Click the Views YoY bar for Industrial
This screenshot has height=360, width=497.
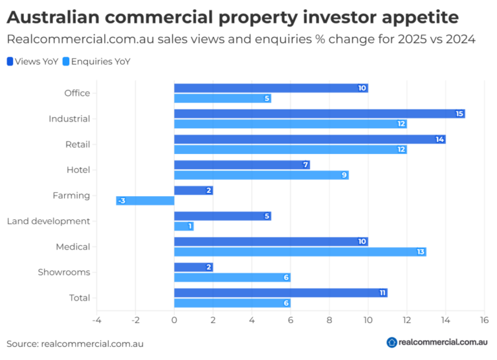pyautogui.click(x=319, y=114)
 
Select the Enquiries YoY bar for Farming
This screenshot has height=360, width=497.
pyautogui.click(x=145, y=201)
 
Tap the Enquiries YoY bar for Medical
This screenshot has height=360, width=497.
pyautogui.click(x=300, y=252)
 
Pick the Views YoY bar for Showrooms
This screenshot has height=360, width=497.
pyautogui.click(x=193, y=267)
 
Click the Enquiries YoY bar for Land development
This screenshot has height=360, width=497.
pyautogui.click(x=184, y=226)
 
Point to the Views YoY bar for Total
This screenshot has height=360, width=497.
pyautogui.click(x=280, y=293)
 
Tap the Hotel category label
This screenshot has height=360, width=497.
pyautogui.click(x=78, y=170)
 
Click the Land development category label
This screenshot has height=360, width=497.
pyautogui.click(x=49, y=221)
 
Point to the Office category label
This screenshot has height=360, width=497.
pyautogui.click(x=77, y=93)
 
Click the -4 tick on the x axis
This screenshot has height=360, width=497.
pyautogui.click(x=96, y=320)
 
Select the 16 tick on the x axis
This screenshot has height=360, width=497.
pyautogui.click(x=483, y=320)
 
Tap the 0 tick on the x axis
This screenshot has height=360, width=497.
pyautogui.click(x=174, y=320)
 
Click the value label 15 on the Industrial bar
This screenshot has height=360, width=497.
pyautogui.click(x=459, y=114)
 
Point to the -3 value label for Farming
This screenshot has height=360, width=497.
pyautogui.click(x=121, y=201)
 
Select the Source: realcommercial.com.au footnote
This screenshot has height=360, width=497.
pyautogui.click(x=75, y=344)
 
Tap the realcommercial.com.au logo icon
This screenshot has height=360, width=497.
pyautogui.click(x=392, y=343)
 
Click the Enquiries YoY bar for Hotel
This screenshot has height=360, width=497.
pyautogui.click(x=261, y=175)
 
